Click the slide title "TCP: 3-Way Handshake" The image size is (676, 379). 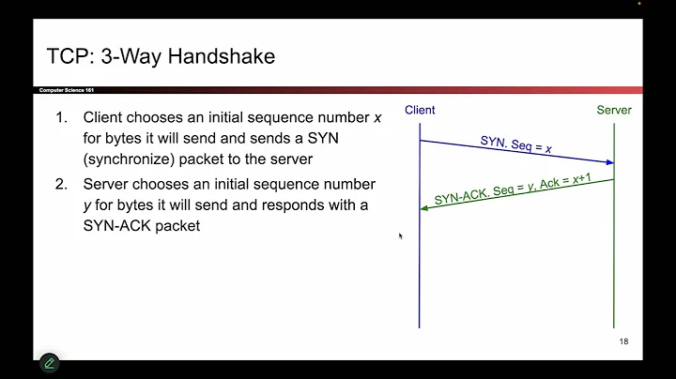(161, 56)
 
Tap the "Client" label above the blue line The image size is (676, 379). (420, 111)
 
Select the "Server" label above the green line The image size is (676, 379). (614, 111)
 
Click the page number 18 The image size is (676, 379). (623, 341)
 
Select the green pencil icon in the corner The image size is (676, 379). (50, 363)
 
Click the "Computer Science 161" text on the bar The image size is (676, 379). (66, 90)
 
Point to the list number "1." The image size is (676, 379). (61, 118)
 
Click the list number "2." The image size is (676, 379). (61, 184)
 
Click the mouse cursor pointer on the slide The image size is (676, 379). (400, 235)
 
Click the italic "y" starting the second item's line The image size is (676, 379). (86, 205)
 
